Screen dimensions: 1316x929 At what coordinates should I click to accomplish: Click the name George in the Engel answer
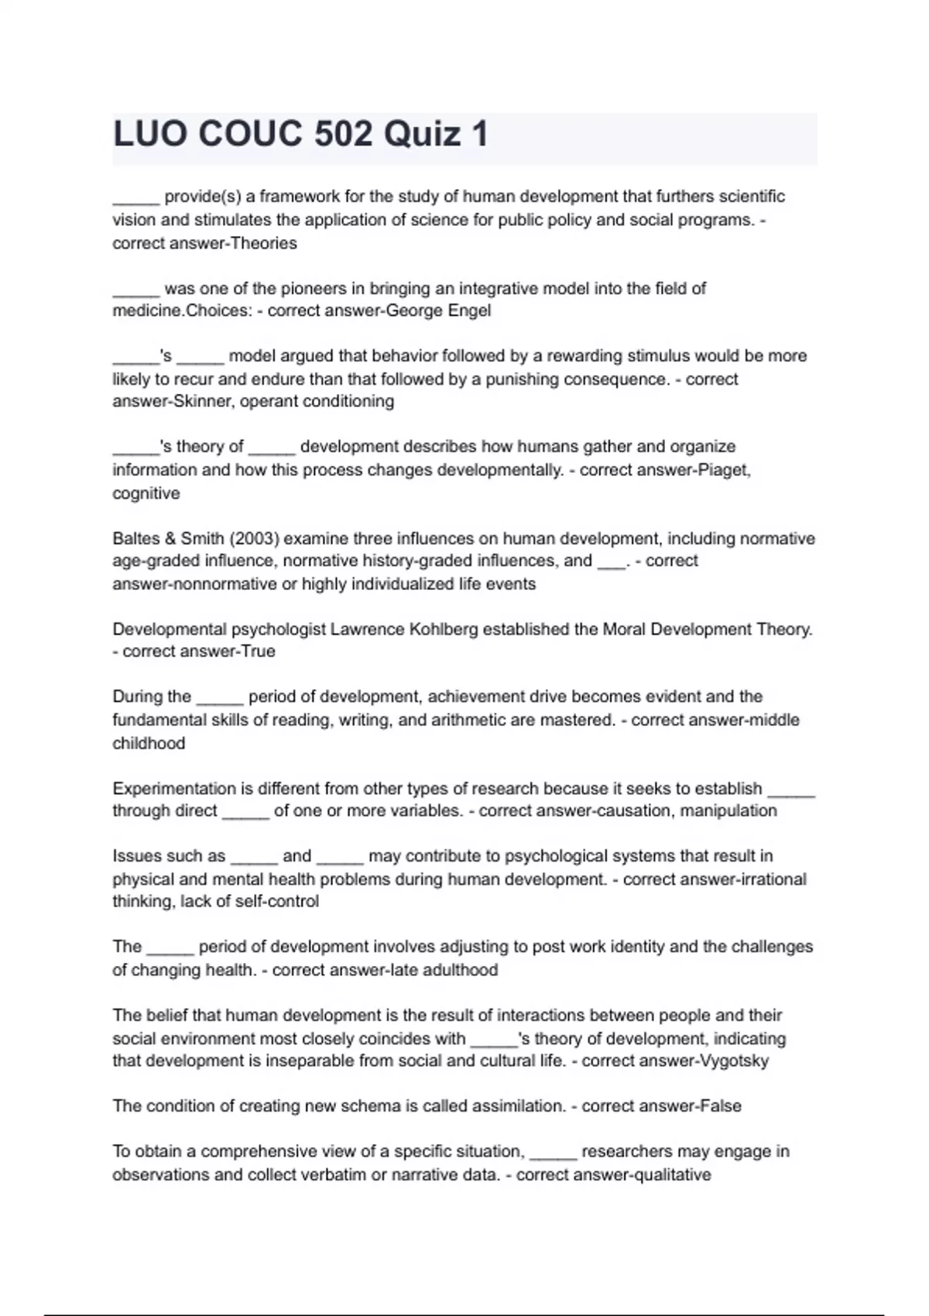point(413,310)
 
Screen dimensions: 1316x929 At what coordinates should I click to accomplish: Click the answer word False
point(720,1106)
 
